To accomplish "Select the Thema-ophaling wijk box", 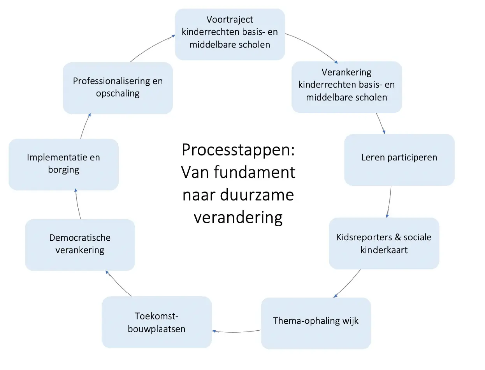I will pos(316,323).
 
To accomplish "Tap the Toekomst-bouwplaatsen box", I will pos(156,322).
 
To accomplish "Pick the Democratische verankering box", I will pos(80,245).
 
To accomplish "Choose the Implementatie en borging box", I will pos(63,164).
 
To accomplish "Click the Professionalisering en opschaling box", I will pos(118,88).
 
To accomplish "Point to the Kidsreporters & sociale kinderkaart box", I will pos(384,243).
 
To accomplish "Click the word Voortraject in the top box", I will pos(230,19).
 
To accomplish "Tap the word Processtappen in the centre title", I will pos(238,150).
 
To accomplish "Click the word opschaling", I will pos(118,94).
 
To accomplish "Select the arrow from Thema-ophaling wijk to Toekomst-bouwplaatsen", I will pos(236,331).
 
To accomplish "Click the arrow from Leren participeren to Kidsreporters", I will pos(389,201).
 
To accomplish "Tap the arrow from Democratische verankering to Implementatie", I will pos(77,204).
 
